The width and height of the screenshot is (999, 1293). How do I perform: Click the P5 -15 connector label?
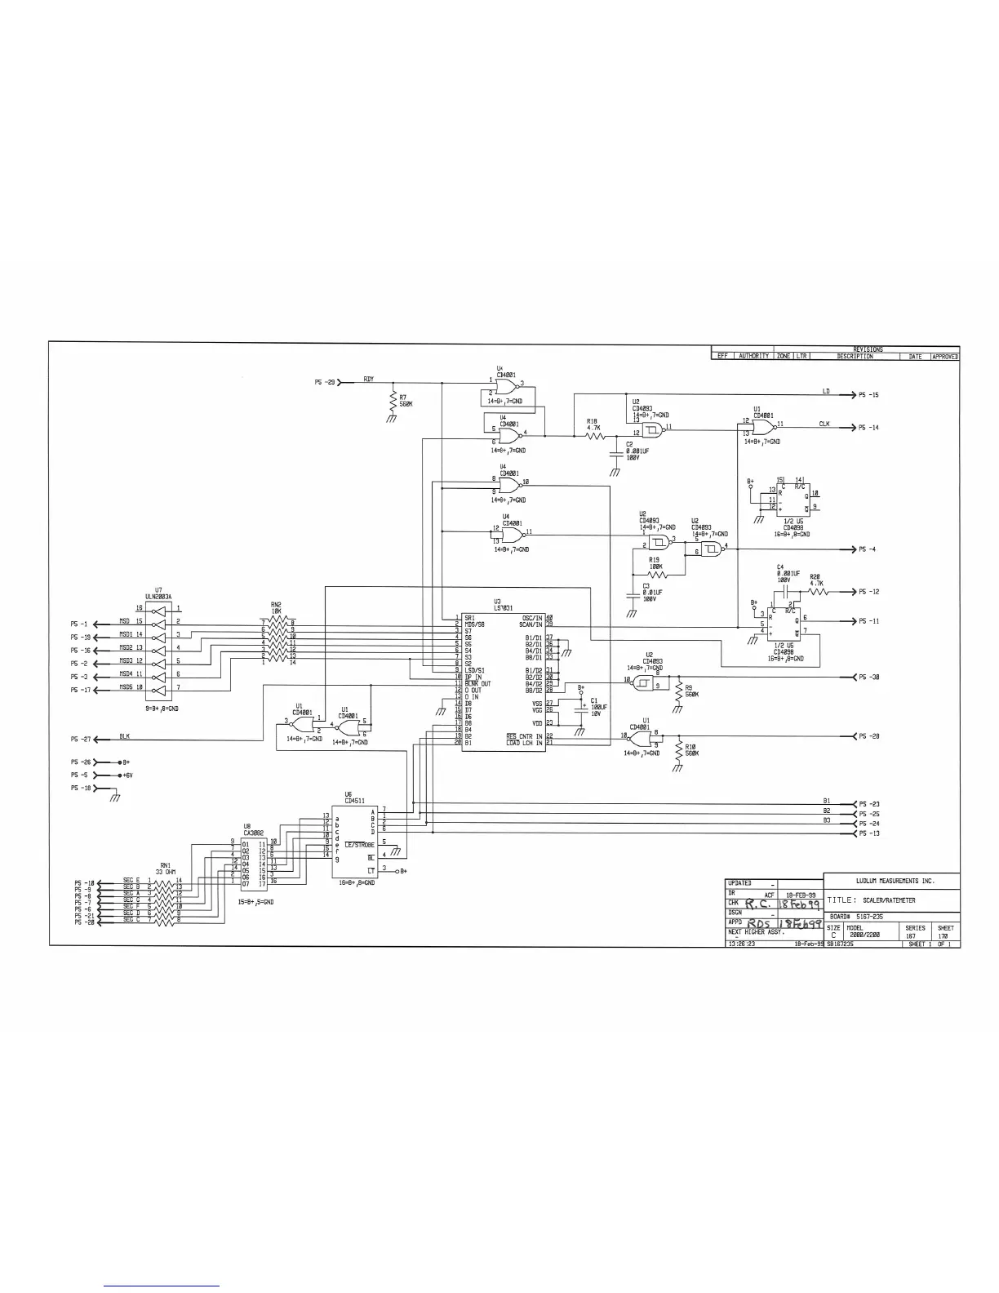click(868, 395)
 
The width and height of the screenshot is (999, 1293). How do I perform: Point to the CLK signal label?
click(824, 424)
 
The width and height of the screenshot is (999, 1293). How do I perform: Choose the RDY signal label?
click(369, 380)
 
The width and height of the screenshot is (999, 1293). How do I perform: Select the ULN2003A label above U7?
click(158, 596)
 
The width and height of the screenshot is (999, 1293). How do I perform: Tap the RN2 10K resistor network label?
click(276, 609)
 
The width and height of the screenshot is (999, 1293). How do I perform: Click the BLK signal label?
click(124, 736)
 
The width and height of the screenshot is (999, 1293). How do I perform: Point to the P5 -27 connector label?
click(80, 740)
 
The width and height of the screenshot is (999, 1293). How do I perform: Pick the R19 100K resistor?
click(657, 575)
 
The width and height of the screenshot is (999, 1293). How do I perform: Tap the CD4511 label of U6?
click(353, 801)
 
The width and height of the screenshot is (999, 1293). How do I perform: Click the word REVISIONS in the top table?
click(868, 349)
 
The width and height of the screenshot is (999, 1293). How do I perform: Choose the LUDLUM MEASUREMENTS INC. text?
click(895, 882)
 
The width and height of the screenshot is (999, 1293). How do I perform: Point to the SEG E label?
click(131, 880)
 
